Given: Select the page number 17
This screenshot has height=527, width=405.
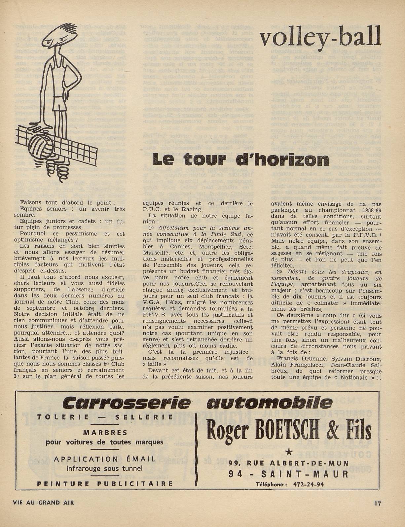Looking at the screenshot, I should [378, 504].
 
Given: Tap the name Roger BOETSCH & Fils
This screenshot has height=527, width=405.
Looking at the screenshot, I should [289, 431].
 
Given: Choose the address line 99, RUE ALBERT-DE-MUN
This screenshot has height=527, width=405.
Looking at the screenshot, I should [288, 463].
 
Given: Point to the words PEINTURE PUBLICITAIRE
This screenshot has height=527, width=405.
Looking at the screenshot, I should [105, 484].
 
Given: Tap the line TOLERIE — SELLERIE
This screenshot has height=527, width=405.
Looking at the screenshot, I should [105, 417].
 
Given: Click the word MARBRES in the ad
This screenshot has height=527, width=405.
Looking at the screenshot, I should [105, 432].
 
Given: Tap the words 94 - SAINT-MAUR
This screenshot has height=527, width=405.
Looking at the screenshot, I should [288, 474].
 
